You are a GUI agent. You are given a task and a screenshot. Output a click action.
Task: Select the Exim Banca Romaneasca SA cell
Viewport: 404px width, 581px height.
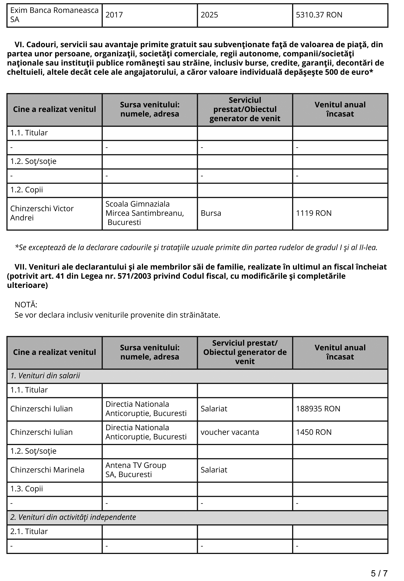point(54,15)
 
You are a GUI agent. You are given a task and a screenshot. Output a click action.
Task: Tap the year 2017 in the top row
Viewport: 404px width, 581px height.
point(114,15)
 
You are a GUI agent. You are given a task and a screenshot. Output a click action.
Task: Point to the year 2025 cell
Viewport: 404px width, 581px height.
point(209,15)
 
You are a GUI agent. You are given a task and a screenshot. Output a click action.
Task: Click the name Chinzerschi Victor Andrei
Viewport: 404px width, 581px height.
point(42,213)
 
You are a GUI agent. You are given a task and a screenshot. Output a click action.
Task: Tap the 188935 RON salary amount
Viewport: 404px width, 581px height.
point(318,409)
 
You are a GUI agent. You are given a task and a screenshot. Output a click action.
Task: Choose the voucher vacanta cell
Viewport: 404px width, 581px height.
point(230,432)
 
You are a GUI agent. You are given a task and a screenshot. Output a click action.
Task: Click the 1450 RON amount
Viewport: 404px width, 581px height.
point(313,432)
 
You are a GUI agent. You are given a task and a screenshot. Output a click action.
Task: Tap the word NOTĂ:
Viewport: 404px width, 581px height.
point(26,305)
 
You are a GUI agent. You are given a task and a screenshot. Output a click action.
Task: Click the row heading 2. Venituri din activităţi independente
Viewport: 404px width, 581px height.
point(73,517)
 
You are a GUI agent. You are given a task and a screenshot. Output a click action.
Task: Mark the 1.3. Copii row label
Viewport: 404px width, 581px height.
point(27,489)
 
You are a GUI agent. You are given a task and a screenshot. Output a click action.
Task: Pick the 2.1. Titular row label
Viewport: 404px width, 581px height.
point(29,531)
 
